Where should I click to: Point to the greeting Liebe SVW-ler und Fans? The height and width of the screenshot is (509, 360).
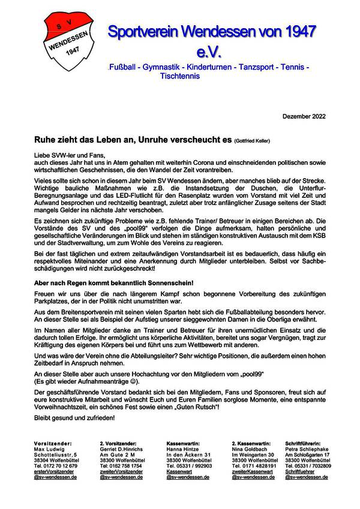tap(61, 155)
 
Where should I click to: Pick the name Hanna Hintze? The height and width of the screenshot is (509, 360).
tap(182, 449)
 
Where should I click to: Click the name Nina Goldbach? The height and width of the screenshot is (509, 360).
tap(248, 449)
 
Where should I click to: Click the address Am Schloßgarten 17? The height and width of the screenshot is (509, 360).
tap(307, 454)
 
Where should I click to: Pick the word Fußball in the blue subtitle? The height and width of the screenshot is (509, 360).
tap(121, 68)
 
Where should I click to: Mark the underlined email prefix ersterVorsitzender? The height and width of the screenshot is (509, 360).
tap(54, 472)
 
